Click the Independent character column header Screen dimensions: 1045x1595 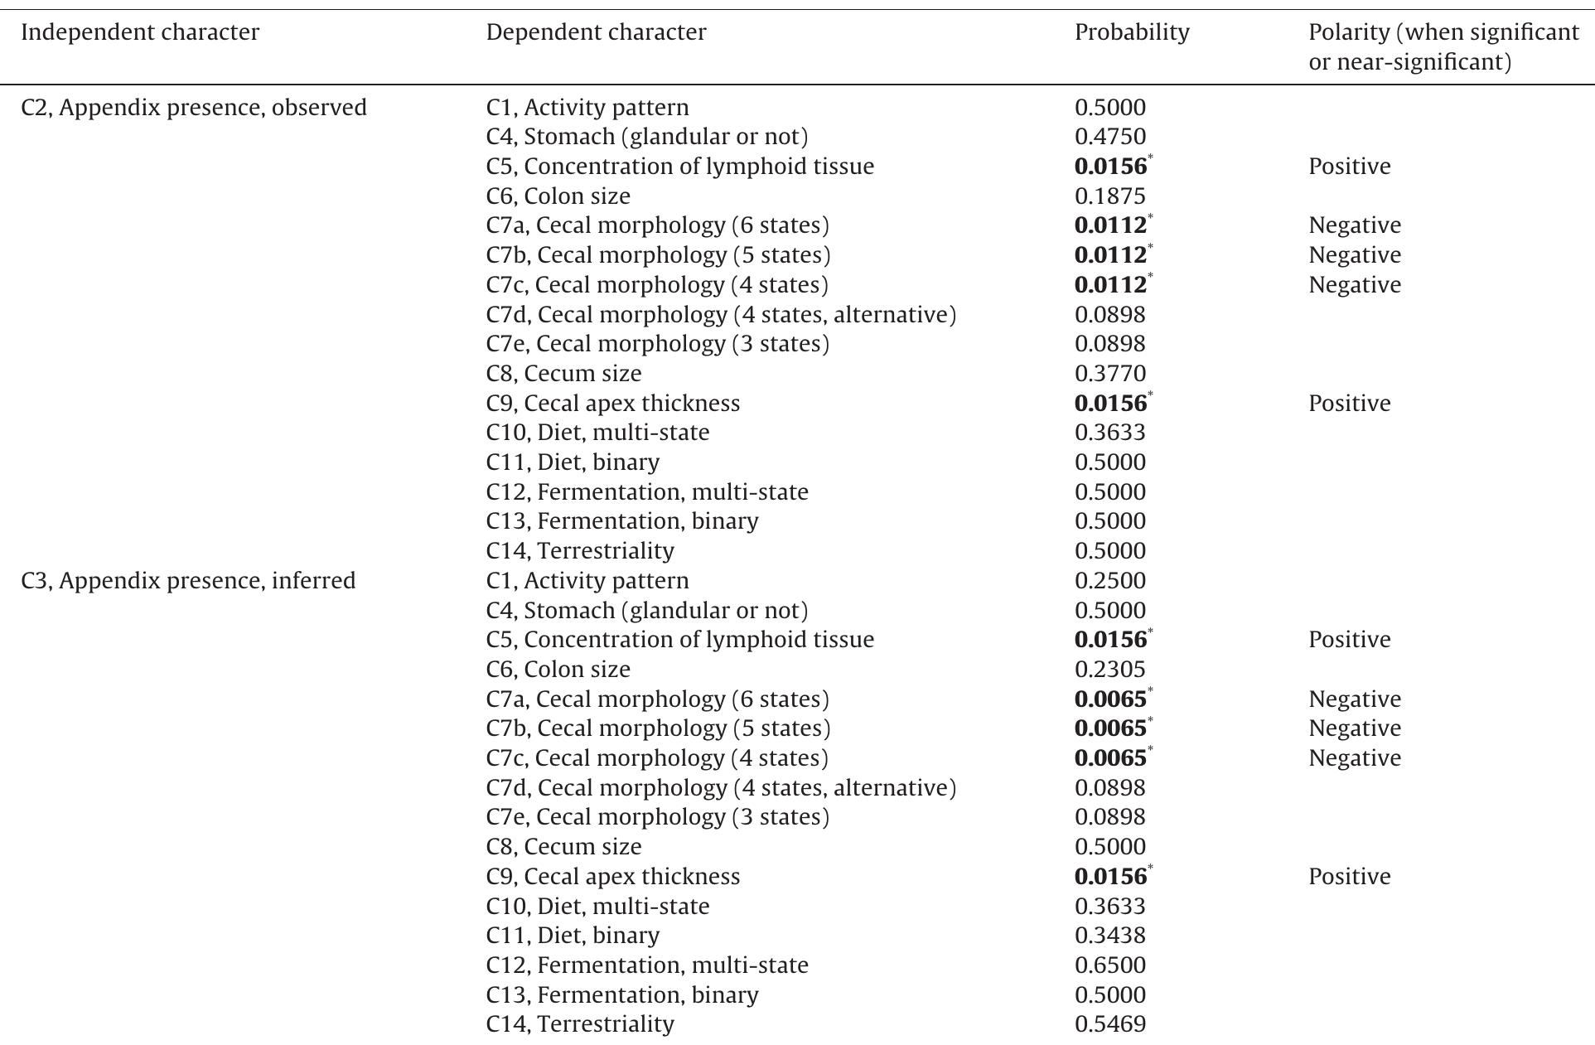point(139,32)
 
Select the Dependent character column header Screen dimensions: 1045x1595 point(596,32)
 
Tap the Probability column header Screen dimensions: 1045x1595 point(1131,32)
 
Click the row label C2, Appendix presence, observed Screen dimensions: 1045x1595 point(193,108)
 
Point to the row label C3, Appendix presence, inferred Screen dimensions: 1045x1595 point(187,581)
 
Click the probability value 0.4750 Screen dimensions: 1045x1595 point(1109,137)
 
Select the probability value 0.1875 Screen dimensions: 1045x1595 point(1109,196)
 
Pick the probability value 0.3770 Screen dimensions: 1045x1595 point(1109,374)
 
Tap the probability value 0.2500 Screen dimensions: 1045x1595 point(1109,581)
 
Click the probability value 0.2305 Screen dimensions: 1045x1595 point(1109,670)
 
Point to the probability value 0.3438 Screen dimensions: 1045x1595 point(1109,936)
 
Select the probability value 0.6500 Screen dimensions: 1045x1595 point(1109,965)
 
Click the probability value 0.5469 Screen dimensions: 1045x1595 point(1109,1024)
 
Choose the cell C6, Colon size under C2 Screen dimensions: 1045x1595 point(558,196)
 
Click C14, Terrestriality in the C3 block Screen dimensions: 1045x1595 point(580,1024)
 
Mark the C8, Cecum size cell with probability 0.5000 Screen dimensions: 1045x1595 point(563,847)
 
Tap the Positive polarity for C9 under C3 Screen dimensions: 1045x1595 point(1349,877)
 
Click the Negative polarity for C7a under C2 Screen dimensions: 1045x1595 point(1354,225)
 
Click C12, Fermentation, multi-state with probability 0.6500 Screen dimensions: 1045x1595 point(646,965)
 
